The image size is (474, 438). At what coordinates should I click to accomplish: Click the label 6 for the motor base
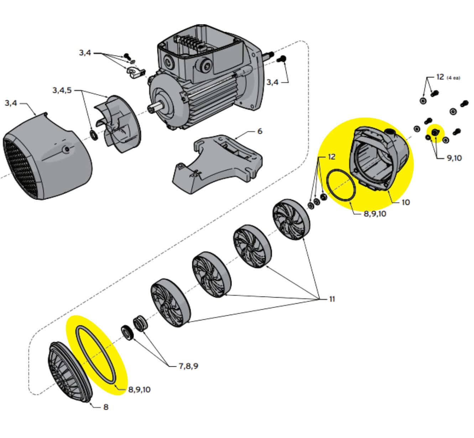[x=260, y=131]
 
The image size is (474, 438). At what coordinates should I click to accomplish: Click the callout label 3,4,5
[x=62, y=90]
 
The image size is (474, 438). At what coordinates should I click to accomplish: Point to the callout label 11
[x=332, y=299]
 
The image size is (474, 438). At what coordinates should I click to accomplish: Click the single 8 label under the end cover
[x=106, y=407]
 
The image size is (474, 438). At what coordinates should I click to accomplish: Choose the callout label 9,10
[x=454, y=158]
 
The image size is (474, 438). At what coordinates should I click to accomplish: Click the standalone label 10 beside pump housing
[x=406, y=202]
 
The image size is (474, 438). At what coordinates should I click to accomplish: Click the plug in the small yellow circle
[x=434, y=133]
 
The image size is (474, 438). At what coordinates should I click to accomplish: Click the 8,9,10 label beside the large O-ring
[x=139, y=389]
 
